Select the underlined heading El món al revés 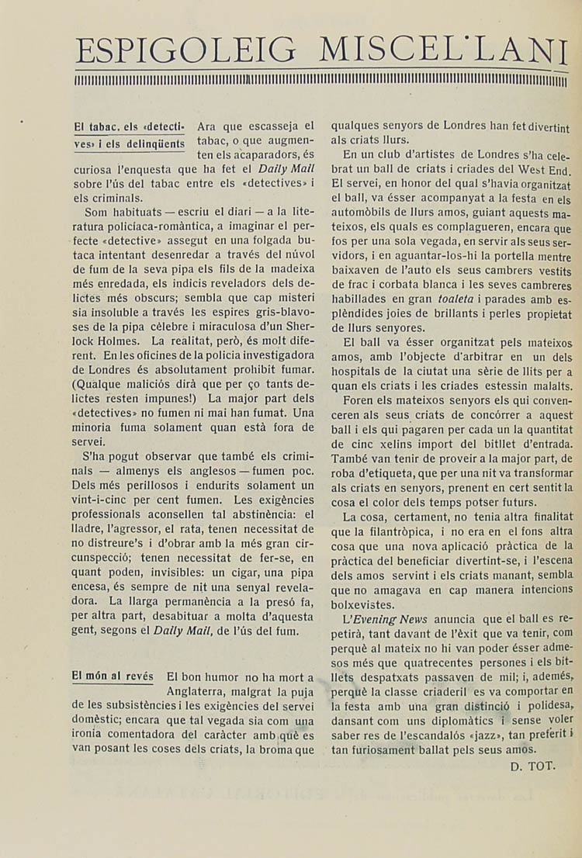tap(112, 676)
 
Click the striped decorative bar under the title tap(321, 80)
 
